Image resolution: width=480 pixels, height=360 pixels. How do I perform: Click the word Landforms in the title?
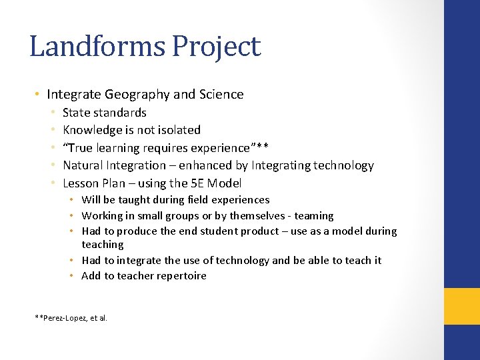pos(97,47)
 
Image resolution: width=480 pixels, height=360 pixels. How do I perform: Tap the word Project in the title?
pos(216,47)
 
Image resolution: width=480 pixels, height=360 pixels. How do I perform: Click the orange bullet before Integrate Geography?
pos(39,95)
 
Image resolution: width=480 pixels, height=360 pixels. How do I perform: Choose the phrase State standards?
pos(104,113)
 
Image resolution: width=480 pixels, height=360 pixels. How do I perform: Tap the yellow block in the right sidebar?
pos(461,306)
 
